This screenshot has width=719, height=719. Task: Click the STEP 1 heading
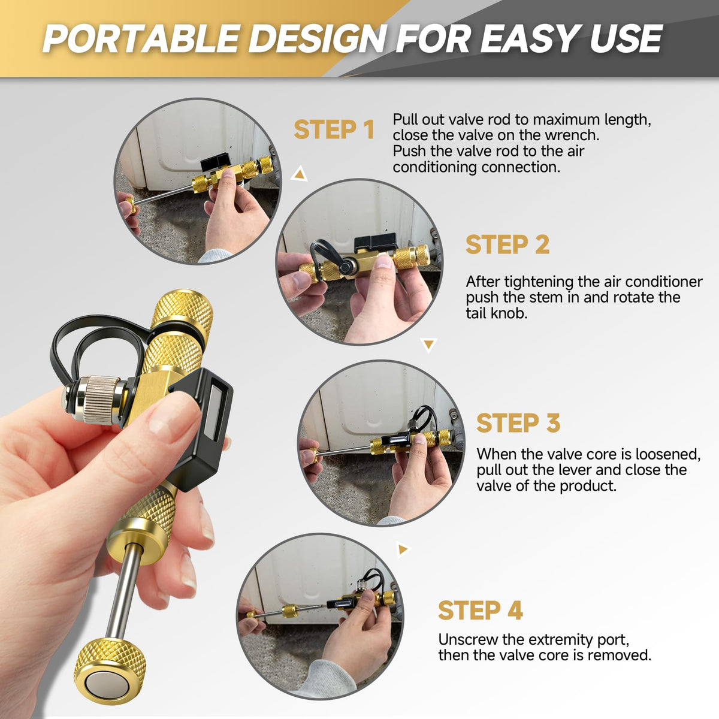pos(334,129)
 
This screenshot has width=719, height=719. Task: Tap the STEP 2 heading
pos(507,244)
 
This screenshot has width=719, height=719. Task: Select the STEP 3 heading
pos(518,423)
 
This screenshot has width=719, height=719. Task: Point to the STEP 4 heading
pos(480,610)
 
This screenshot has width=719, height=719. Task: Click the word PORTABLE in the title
pos(141,39)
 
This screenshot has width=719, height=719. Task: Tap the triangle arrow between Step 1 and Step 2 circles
pos(299,174)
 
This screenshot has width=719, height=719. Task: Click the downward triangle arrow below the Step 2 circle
pos(429,345)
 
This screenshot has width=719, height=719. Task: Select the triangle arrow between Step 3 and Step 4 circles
pos(403,549)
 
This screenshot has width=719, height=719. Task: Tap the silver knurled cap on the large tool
pos(100,400)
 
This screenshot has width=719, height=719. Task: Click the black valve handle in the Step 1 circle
pos(216,162)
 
